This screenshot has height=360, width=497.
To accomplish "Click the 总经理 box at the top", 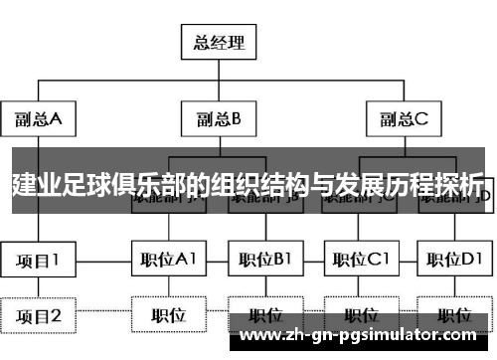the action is point(218,43).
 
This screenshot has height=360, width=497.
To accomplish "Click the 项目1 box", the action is point(38,262).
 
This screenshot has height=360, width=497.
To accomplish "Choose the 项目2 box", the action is point(38,316).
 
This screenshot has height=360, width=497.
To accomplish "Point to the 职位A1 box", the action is point(168,262).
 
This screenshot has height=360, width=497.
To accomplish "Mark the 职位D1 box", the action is point(454,262).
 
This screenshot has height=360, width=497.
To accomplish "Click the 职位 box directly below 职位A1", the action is point(168,316).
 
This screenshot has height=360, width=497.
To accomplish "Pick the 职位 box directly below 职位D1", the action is point(454,316).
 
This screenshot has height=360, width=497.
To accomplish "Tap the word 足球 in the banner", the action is point(86,185).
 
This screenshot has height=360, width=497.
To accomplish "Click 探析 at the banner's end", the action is point(458,185).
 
